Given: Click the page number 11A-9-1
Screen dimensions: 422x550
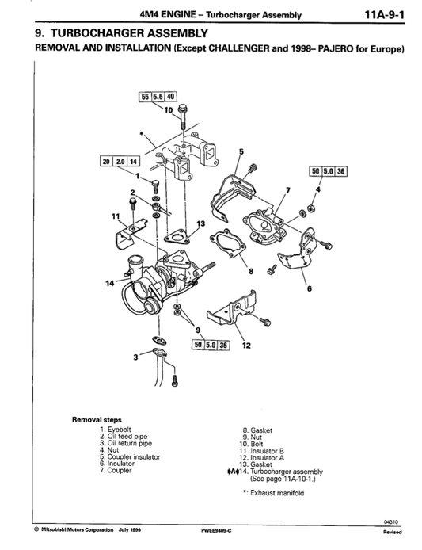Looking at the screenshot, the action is tap(385, 15).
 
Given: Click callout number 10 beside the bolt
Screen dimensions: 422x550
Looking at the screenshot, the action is tap(169, 110).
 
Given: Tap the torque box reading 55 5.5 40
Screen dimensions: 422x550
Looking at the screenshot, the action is tap(158, 97).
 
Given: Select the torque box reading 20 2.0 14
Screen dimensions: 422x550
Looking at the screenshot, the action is tap(120, 162).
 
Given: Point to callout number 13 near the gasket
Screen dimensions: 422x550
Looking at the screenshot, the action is tap(201, 223).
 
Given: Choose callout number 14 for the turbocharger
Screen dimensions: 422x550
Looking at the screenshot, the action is tap(110, 283).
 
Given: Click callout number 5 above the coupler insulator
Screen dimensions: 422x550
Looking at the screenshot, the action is tap(241, 151).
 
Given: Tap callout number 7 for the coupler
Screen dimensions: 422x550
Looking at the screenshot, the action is tap(288, 189).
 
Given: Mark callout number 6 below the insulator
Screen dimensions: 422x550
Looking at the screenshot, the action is tap(309, 288).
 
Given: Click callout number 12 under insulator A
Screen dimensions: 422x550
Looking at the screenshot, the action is tap(246, 346).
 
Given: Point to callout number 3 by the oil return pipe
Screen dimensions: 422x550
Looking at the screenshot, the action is tap(135, 357).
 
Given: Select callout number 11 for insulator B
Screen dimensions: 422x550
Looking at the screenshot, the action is tap(116, 216).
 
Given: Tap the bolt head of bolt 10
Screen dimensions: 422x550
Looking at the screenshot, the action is tap(184, 107).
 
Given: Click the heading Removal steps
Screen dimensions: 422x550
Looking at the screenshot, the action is tap(97, 419).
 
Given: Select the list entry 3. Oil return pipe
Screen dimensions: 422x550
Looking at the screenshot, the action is tap(126, 443).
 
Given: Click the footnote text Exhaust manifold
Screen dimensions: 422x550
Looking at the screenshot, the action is tap(277, 493).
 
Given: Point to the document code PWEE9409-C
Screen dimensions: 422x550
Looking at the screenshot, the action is tap(216, 530).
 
